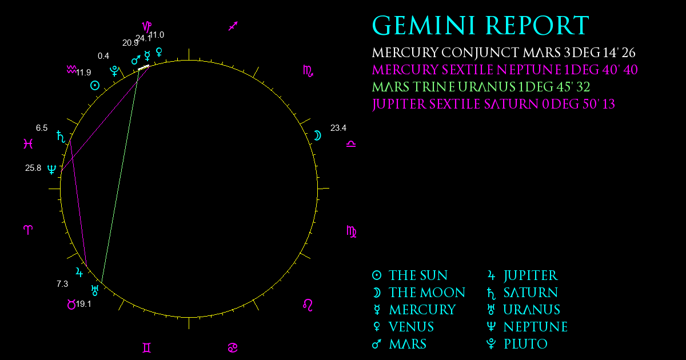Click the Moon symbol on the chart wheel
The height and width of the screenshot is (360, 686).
pos(318,135)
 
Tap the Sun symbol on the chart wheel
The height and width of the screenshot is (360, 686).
pos(95,85)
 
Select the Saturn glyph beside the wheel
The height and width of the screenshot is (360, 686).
pos(61,137)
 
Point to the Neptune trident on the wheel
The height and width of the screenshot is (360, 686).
pos(52,169)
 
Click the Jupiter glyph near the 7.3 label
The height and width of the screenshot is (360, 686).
pos(79,272)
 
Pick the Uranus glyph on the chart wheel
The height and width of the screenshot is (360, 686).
pos(95,290)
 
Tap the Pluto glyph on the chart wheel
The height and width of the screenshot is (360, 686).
pos(114,71)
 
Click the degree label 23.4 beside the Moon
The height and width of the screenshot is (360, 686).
pos(338,128)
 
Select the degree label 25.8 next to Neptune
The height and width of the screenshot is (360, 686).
pos(33,168)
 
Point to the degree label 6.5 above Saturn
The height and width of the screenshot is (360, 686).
pos(42,128)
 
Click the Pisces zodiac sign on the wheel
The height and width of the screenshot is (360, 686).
pos(28,144)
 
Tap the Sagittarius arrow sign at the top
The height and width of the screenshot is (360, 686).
pos(233,26)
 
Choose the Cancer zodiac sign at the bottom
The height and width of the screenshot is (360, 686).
pos(233,348)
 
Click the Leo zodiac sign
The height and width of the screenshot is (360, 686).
pos(308,305)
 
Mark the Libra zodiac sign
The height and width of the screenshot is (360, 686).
pos(351,144)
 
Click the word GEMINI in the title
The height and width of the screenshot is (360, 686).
pos(424,26)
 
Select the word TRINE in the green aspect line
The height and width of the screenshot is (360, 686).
pos(433,87)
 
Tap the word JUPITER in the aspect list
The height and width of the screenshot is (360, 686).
pos(399,105)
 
